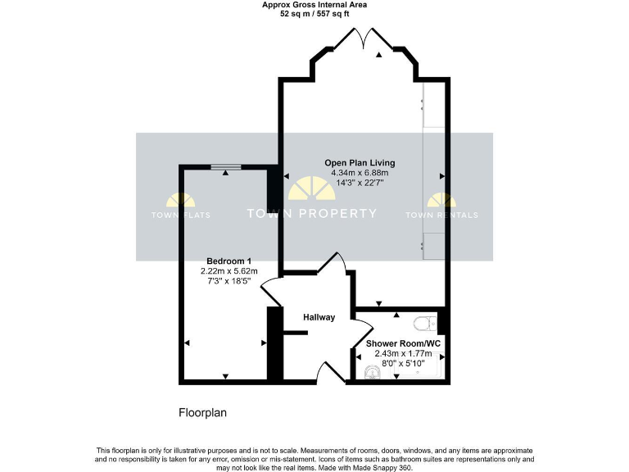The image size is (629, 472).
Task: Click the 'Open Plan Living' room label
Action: (x=360, y=162)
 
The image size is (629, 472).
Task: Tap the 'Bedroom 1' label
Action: (x=229, y=261)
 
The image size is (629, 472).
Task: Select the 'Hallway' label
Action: (x=319, y=317)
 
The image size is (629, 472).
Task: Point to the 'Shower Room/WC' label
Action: (x=402, y=343)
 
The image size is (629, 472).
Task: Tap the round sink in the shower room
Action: (x=373, y=373)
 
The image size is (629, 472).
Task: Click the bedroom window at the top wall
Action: (x=225, y=167)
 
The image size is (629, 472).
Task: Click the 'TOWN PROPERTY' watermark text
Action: (x=312, y=214)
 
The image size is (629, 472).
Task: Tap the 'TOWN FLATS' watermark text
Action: (x=180, y=215)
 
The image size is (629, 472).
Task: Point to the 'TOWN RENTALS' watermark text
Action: (x=442, y=215)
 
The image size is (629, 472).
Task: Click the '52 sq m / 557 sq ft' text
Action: (x=314, y=14)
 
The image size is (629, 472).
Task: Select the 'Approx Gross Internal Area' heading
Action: (x=314, y=5)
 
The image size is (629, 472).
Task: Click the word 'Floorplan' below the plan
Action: (x=202, y=412)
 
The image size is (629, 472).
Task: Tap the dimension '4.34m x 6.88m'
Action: (x=360, y=173)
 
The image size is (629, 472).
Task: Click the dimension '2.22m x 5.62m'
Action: (x=229, y=271)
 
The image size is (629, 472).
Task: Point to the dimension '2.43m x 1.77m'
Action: (x=403, y=354)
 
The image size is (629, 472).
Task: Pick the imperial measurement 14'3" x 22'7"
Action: (x=360, y=184)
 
